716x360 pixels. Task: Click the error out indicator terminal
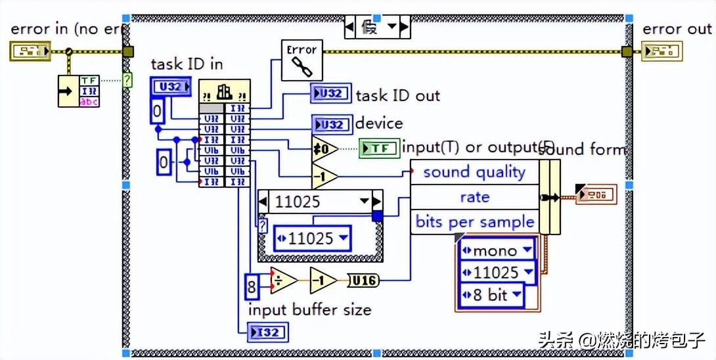click(661, 51)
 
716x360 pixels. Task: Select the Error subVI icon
click(302, 59)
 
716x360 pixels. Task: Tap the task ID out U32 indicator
click(331, 94)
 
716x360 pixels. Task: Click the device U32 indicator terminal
click(331, 124)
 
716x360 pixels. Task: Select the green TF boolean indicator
click(379, 148)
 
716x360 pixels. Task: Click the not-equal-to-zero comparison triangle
click(324, 149)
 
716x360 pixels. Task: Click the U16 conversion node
click(362, 281)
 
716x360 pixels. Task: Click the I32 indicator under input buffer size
click(267, 332)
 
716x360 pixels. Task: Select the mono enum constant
click(497, 250)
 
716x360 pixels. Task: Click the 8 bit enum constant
click(491, 295)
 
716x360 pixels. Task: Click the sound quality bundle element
click(474, 172)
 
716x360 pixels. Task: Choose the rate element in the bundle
click(474, 197)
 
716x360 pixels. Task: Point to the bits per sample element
click(474, 221)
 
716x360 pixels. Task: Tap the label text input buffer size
click(309, 309)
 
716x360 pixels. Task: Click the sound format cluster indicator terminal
click(596, 194)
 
